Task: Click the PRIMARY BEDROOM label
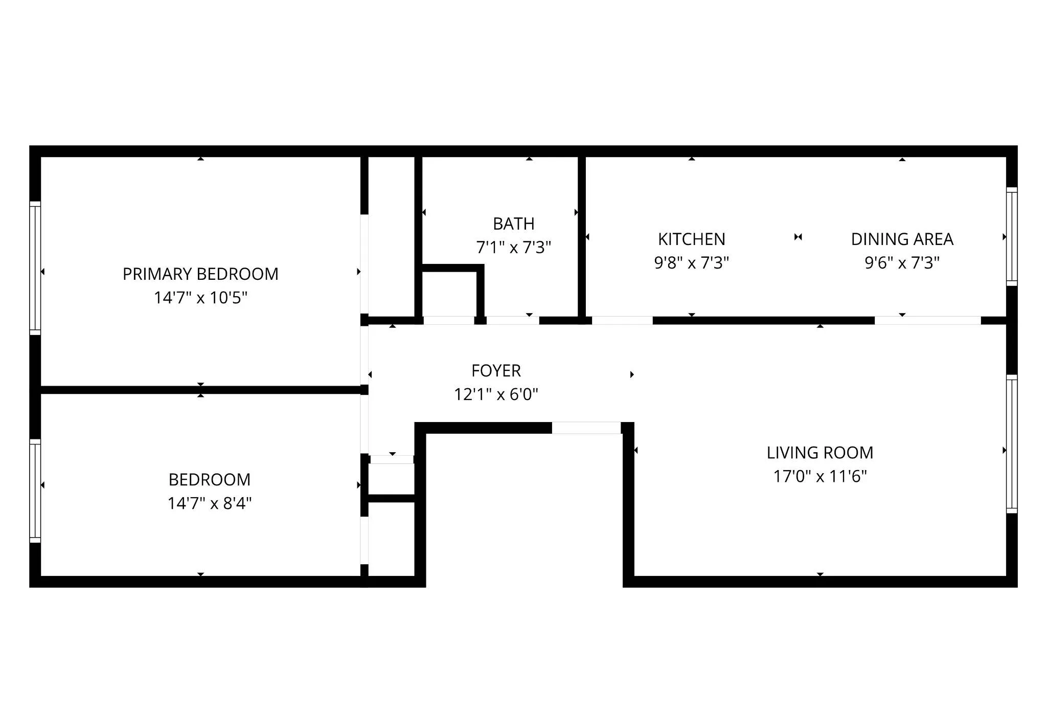click(x=200, y=274)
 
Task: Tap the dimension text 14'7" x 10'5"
click(x=200, y=298)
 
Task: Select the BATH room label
click(x=513, y=224)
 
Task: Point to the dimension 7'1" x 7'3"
click(x=513, y=248)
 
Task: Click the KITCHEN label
click(x=691, y=239)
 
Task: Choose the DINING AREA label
click(x=902, y=239)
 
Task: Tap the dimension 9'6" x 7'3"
click(x=902, y=263)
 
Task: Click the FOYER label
click(x=496, y=371)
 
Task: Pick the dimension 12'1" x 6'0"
click(x=496, y=394)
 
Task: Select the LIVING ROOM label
click(x=820, y=453)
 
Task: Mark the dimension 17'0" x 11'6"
click(x=820, y=476)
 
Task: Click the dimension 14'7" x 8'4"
click(x=210, y=503)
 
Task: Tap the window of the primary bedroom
click(x=35, y=268)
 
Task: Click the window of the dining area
click(x=1012, y=236)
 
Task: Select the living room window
click(x=1012, y=444)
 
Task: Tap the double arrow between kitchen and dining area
click(x=798, y=237)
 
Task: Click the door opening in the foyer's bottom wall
click(x=586, y=428)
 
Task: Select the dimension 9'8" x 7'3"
click(x=691, y=263)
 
